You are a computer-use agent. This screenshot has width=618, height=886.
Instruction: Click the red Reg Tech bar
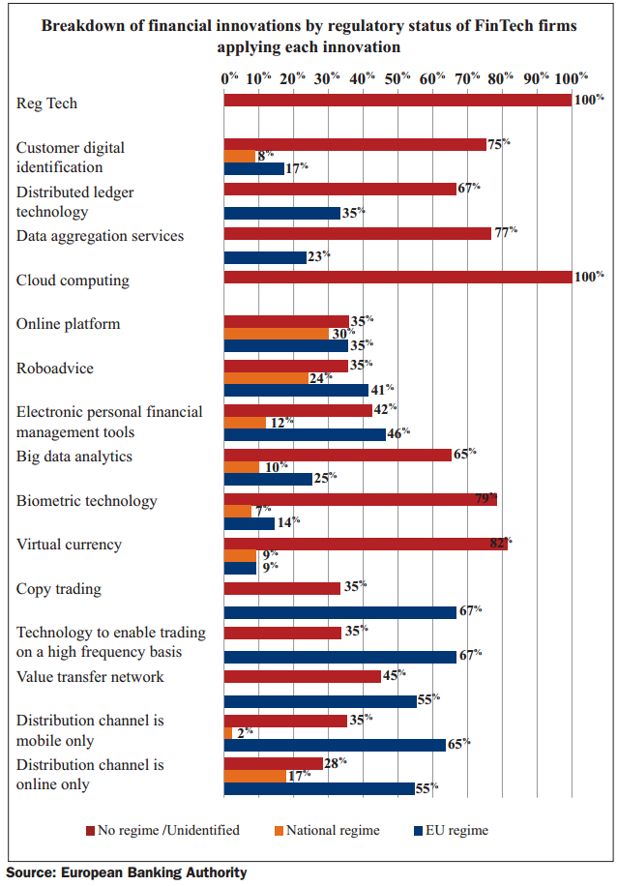click(397, 100)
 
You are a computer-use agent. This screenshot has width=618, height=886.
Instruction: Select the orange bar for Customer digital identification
click(239, 156)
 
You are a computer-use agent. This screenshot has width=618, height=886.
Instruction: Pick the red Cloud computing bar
click(397, 278)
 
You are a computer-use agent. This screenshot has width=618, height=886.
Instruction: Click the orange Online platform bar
click(276, 334)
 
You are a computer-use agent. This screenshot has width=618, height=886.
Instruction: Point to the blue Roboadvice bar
click(296, 390)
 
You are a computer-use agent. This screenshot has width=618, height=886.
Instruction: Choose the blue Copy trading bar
click(339, 611)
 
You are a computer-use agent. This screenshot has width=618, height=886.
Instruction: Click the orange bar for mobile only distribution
click(227, 732)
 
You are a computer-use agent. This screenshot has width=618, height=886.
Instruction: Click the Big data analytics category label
click(74, 457)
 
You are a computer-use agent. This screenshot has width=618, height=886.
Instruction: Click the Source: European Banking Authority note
click(127, 872)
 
